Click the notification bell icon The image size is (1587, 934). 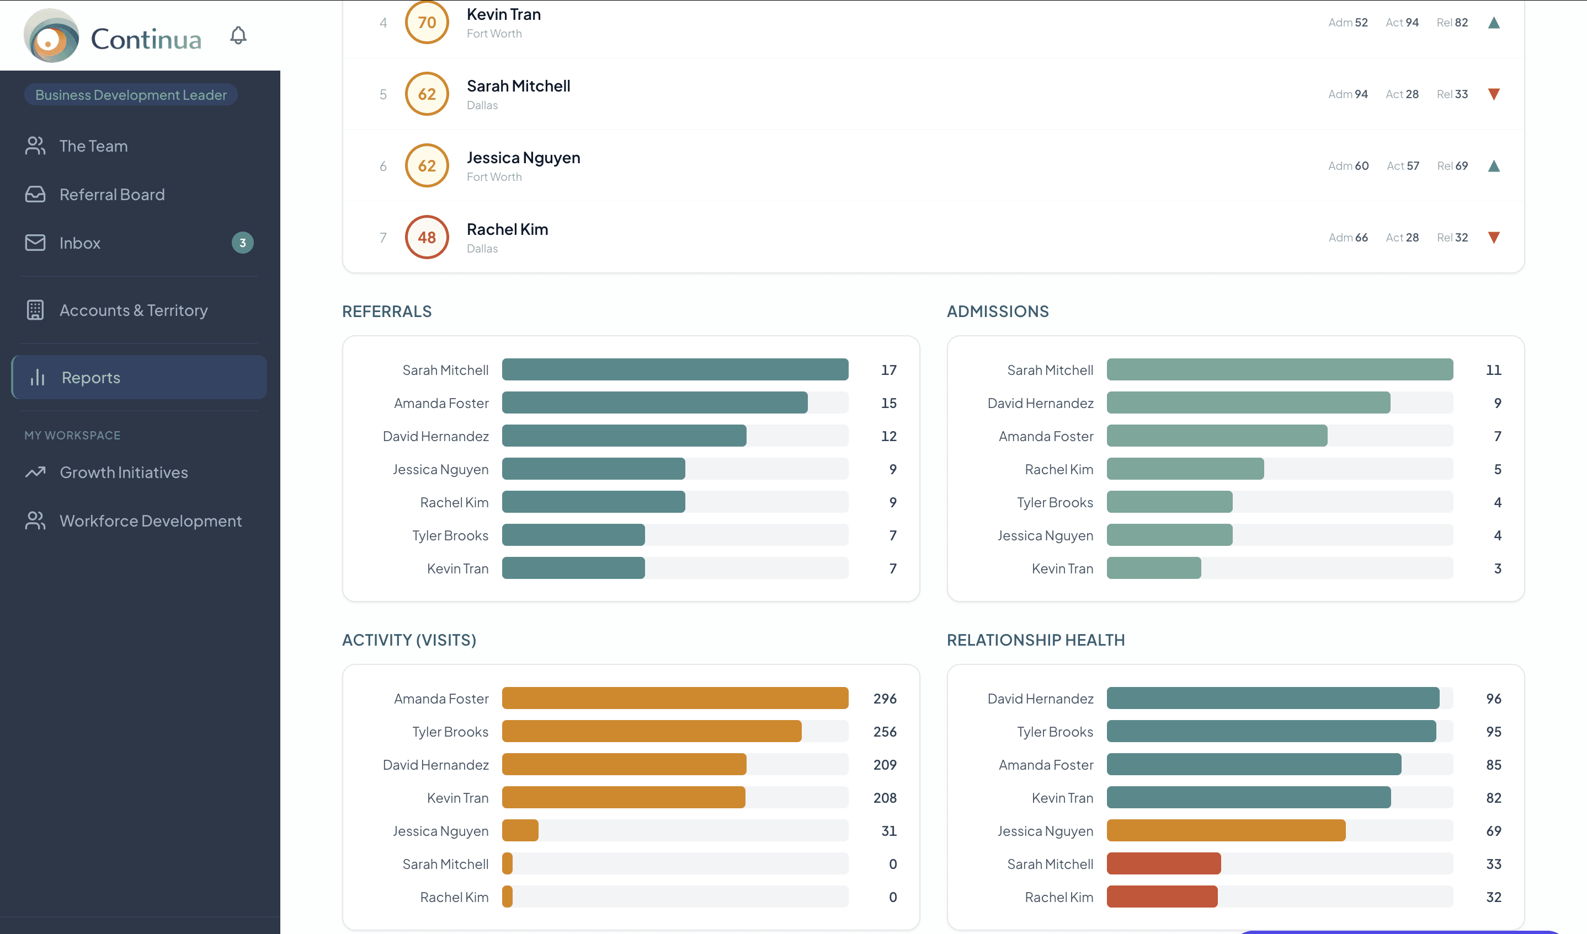238,35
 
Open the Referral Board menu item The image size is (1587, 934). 111,195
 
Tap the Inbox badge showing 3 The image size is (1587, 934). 242,243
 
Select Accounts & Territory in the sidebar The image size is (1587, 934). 133,310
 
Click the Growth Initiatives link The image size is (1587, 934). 124,472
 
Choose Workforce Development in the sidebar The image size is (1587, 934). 150,520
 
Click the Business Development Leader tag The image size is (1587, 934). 130,95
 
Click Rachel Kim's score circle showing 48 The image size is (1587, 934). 427,237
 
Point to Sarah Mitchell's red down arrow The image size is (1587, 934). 1493,94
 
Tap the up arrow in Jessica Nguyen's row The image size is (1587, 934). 1493,166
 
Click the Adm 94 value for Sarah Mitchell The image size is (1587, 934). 1348,94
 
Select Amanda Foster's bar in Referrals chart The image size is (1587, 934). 654,403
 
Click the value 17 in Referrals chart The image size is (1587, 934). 888,370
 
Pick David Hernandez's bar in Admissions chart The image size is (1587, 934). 1248,403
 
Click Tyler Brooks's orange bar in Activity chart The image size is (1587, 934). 651,731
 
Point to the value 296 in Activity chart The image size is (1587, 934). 884,699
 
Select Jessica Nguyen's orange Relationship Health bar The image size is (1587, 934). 1226,831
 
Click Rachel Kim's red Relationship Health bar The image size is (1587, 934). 1162,897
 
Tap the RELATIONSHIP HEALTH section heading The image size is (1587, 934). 1035,640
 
